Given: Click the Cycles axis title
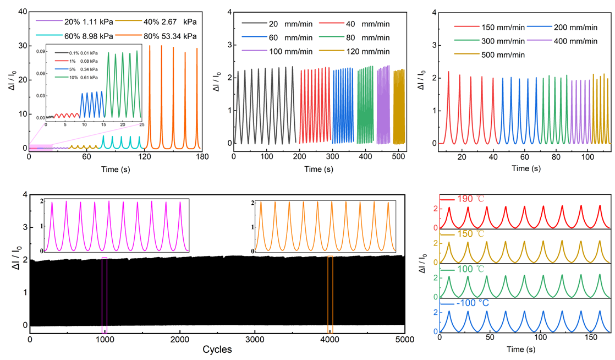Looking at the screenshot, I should pyautogui.click(x=217, y=350).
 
